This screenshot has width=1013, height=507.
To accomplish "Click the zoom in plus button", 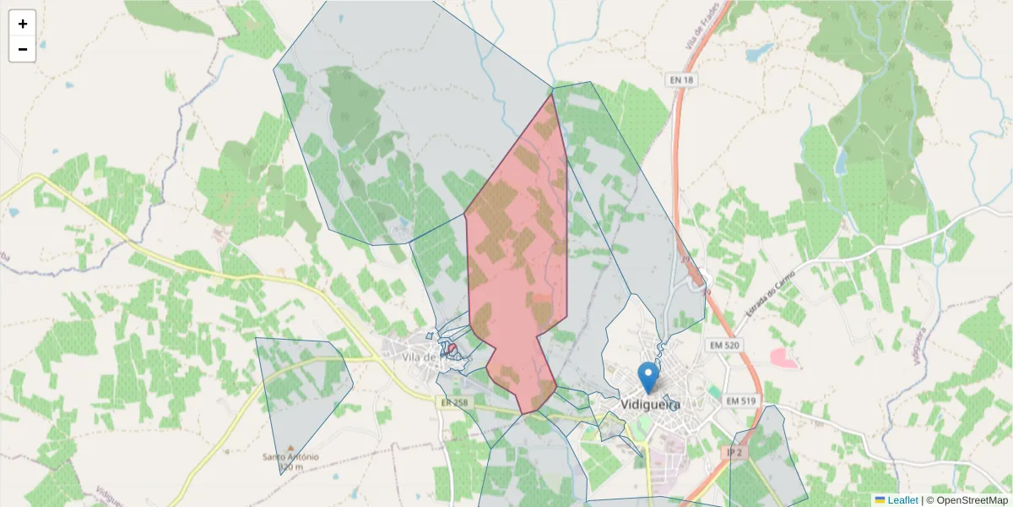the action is click(x=22, y=24).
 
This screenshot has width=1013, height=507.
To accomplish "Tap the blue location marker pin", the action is click(x=648, y=378).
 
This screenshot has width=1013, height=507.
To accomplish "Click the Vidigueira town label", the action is click(x=650, y=404).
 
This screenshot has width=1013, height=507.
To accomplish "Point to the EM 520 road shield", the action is click(x=724, y=346).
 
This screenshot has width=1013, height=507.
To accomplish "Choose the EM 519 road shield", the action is click(x=742, y=400).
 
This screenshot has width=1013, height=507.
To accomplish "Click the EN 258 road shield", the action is click(x=453, y=402).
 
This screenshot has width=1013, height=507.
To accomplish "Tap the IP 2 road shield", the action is click(x=734, y=454).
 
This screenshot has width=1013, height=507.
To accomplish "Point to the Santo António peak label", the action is click(x=290, y=457).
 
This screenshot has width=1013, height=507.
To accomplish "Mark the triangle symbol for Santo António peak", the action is click(x=290, y=448).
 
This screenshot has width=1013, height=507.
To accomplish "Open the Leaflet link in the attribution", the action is click(x=902, y=500).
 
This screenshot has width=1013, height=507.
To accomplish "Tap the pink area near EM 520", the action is click(x=783, y=357).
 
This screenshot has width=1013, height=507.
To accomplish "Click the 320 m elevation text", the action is click(x=290, y=466).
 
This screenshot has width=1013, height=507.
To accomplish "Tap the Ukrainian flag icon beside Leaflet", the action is click(x=880, y=500).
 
